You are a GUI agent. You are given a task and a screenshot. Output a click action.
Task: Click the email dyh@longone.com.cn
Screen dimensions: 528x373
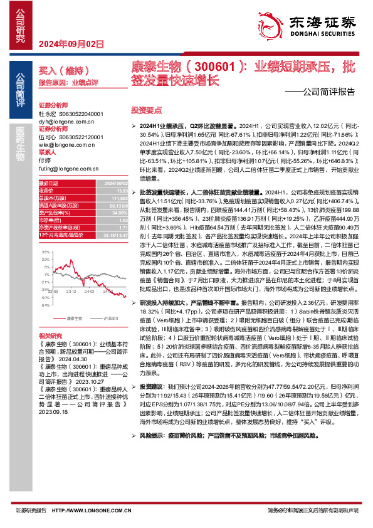point(65,120)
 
